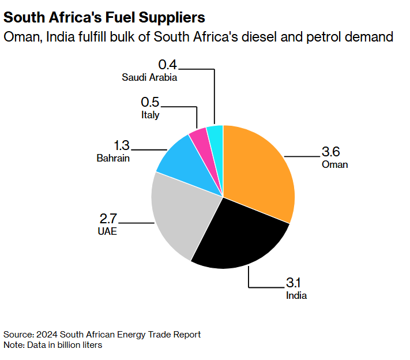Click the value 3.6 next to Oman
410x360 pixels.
point(331,152)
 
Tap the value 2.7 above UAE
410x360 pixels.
point(108,219)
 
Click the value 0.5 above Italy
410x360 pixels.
point(150,102)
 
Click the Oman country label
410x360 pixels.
point(335,164)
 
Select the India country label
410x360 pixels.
point(296,295)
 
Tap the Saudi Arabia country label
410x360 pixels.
point(149,77)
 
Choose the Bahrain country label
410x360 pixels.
point(113,158)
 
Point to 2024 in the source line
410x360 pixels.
point(45,335)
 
